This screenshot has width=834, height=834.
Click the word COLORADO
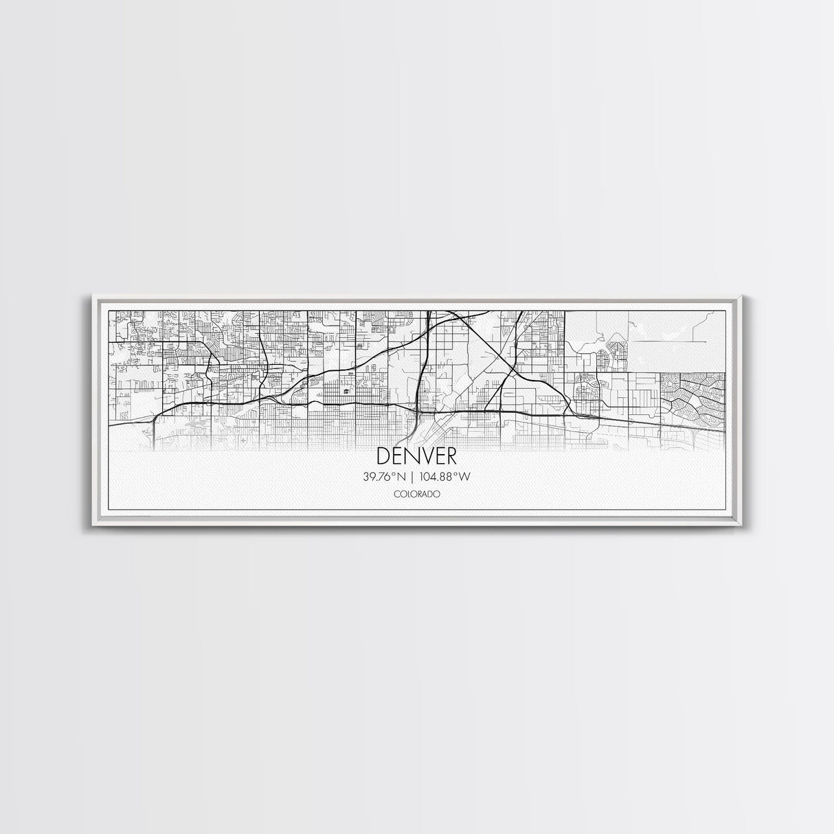point(416,494)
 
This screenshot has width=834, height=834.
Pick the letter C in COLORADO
point(396,494)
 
